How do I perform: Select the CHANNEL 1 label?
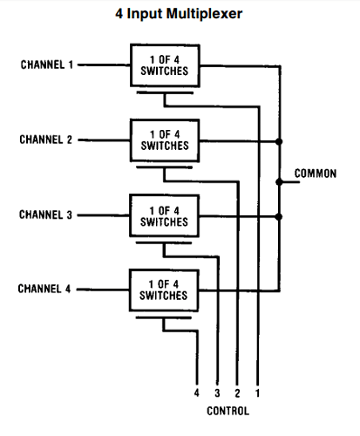pos(47,65)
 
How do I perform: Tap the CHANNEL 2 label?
pos(47,140)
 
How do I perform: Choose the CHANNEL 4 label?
pos(47,287)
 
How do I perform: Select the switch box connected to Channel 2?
pos(163,140)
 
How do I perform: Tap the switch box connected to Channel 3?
pos(163,215)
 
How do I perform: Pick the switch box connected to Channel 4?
pos(163,290)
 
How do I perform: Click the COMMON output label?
pos(315,174)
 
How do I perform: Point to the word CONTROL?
pos(228,410)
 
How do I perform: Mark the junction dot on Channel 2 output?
pos(279,140)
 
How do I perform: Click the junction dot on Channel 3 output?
pos(279,216)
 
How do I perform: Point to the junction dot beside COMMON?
pos(279,182)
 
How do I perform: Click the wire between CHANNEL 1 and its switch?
pos(104,65)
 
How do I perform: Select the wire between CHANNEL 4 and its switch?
pos(104,287)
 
